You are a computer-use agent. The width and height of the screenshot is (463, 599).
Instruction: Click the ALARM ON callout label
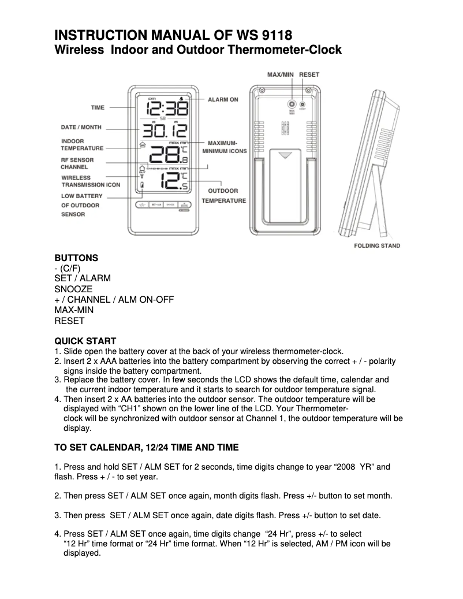click(223, 99)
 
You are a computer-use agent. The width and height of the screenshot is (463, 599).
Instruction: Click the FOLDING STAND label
click(376, 246)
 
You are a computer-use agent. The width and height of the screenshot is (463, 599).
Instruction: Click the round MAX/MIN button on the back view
click(292, 105)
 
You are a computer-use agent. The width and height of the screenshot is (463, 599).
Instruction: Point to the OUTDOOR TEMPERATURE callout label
click(223, 196)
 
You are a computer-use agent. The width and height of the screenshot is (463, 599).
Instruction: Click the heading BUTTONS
click(76, 258)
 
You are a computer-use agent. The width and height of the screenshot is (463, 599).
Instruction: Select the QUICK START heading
click(85, 341)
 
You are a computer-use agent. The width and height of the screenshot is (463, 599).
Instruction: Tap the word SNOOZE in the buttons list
click(73, 289)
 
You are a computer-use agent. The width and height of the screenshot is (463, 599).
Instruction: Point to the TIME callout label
click(98, 107)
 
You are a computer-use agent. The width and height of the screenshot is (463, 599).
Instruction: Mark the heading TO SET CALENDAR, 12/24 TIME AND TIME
click(146, 448)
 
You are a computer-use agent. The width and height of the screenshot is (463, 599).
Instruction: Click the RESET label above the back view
click(309, 75)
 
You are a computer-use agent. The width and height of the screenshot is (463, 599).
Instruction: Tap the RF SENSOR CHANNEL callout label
click(77, 163)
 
